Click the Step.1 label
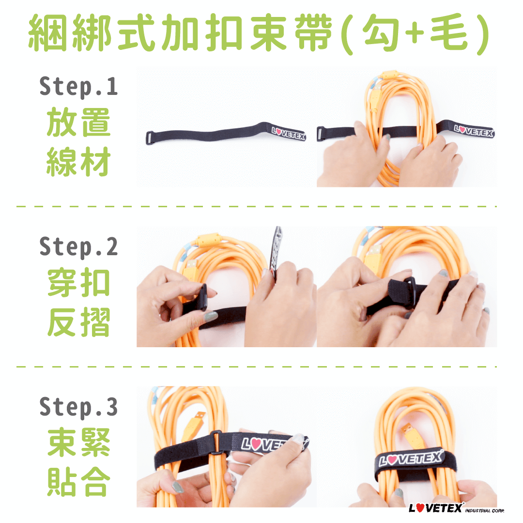click(x=79, y=87)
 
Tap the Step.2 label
click(x=79, y=247)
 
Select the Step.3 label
click(x=79, y=407)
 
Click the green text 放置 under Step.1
click(x=79, y=122)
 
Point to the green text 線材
click(x=79, y=161)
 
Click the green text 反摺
click(x=79, y=322)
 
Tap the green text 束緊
click(x=79, y=442)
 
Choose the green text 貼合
click(x=79, y=482)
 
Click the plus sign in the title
click(x=415, y=33)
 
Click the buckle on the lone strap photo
click(x=150, y=138)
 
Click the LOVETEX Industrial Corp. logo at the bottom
click(x=456, y=508)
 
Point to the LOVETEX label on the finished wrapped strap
click(x=411, y=459)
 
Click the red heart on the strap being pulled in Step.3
click(x=256, y=444)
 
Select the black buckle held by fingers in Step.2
click(x=203, y=297)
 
